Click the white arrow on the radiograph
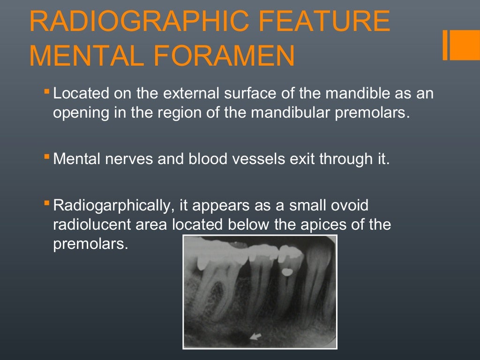point(255,335)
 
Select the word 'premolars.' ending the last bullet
point(90,244)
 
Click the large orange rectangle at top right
point(465,45)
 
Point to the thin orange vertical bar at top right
point(445,45)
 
